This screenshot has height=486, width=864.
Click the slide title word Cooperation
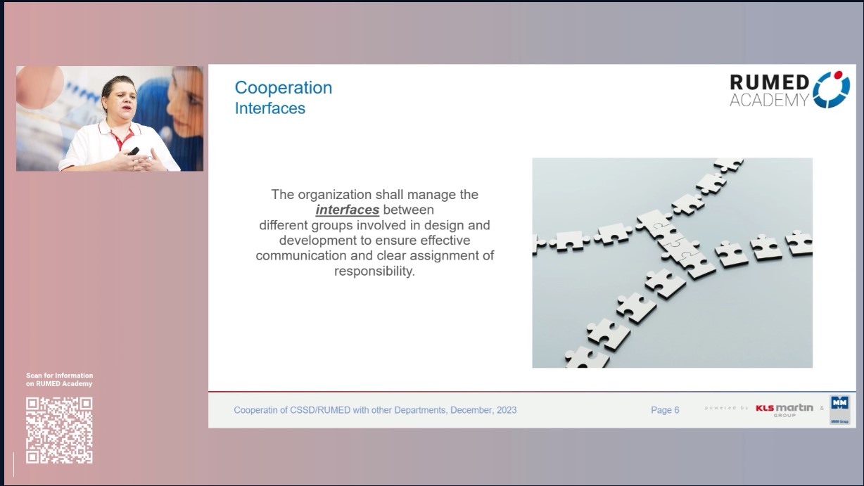pyautogui.click(x=283, y=88)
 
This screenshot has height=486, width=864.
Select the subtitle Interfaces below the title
pyautogui.click(x=269, y=108)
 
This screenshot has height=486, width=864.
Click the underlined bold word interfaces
pyautogui.click(x=347, y=210)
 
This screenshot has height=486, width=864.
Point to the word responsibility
pyautogui.click(x=374, y=271)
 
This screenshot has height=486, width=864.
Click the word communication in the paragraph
pyautogui.click(x=301, y=256)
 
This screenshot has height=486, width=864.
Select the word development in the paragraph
pyautogui.click(x=319, y=241)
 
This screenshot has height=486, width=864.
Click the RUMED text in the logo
pyautogui.click(x=769, y=83)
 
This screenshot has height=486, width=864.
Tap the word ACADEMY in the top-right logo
pyautogui.click(x=768, y=101)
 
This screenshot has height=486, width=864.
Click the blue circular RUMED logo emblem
pyautogui.click(x=831, y=89)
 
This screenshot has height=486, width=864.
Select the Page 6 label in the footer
pyautogui.click(x=665, y=410)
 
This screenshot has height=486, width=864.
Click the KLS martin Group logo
pyautogui.click(x=784, y=409)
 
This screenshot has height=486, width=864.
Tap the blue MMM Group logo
pyautogui.click(x=839, y=409)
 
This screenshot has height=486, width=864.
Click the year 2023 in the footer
pyautogui.click(x=505, y=410)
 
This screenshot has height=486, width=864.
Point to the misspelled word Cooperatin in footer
pyautogui.click(x=258, y=410)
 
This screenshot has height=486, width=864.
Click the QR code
pyautogui.click(x=59, y=430)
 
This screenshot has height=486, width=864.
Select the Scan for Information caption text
pyautogui.click(x=59, y=376)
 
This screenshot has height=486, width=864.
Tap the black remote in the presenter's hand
pyautogui.click(x=133, y=151)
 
